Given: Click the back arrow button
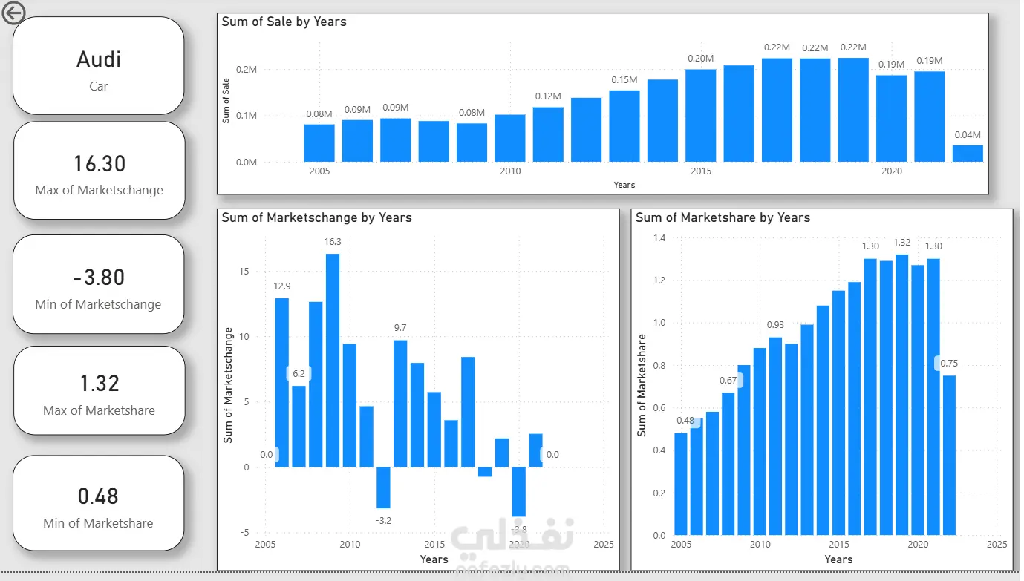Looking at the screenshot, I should click(x=14, y=13).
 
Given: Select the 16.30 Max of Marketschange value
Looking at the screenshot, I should click(x=99, y=163).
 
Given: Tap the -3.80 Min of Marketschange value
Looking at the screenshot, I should click(x=99, y=278).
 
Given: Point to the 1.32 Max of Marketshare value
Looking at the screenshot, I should click(x=99, y=384).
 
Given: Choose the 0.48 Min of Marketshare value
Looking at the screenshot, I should click(x=99, y=496).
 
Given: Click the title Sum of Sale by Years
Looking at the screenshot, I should click(x=284, y=22).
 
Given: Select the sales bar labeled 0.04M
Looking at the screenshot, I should click(x=968, y=153).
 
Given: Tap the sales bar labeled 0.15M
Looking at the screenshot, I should click(x=624, y=125).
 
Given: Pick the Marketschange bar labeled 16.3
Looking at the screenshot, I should click(x=333, y=360).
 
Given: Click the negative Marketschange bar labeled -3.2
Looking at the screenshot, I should click(x=383, y=488).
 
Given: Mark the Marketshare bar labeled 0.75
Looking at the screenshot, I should click(x=949, y=454).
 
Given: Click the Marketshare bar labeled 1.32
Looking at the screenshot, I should click(x=901, y=394).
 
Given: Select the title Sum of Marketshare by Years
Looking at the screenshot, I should click(x=723, y=217).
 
